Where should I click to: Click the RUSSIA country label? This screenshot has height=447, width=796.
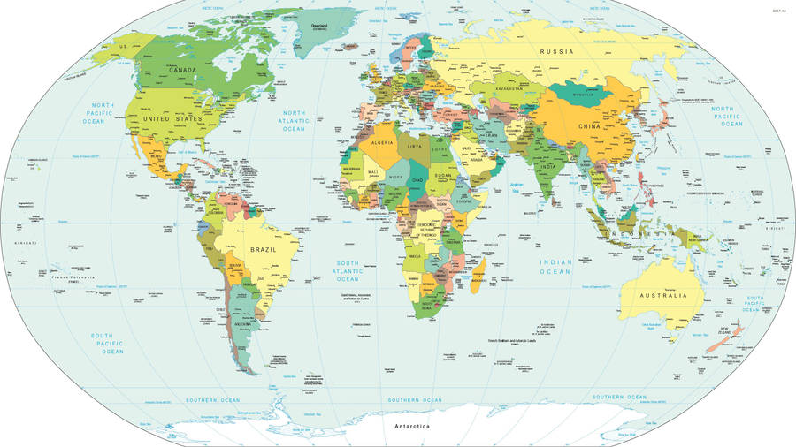pos(557,52)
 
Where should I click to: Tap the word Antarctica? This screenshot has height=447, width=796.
pos(412,428)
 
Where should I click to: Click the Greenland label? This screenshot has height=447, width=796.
pos(319,26)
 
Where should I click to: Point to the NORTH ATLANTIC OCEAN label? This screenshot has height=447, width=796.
pos(294,121)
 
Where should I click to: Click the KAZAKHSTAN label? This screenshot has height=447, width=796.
pos(510,89)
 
